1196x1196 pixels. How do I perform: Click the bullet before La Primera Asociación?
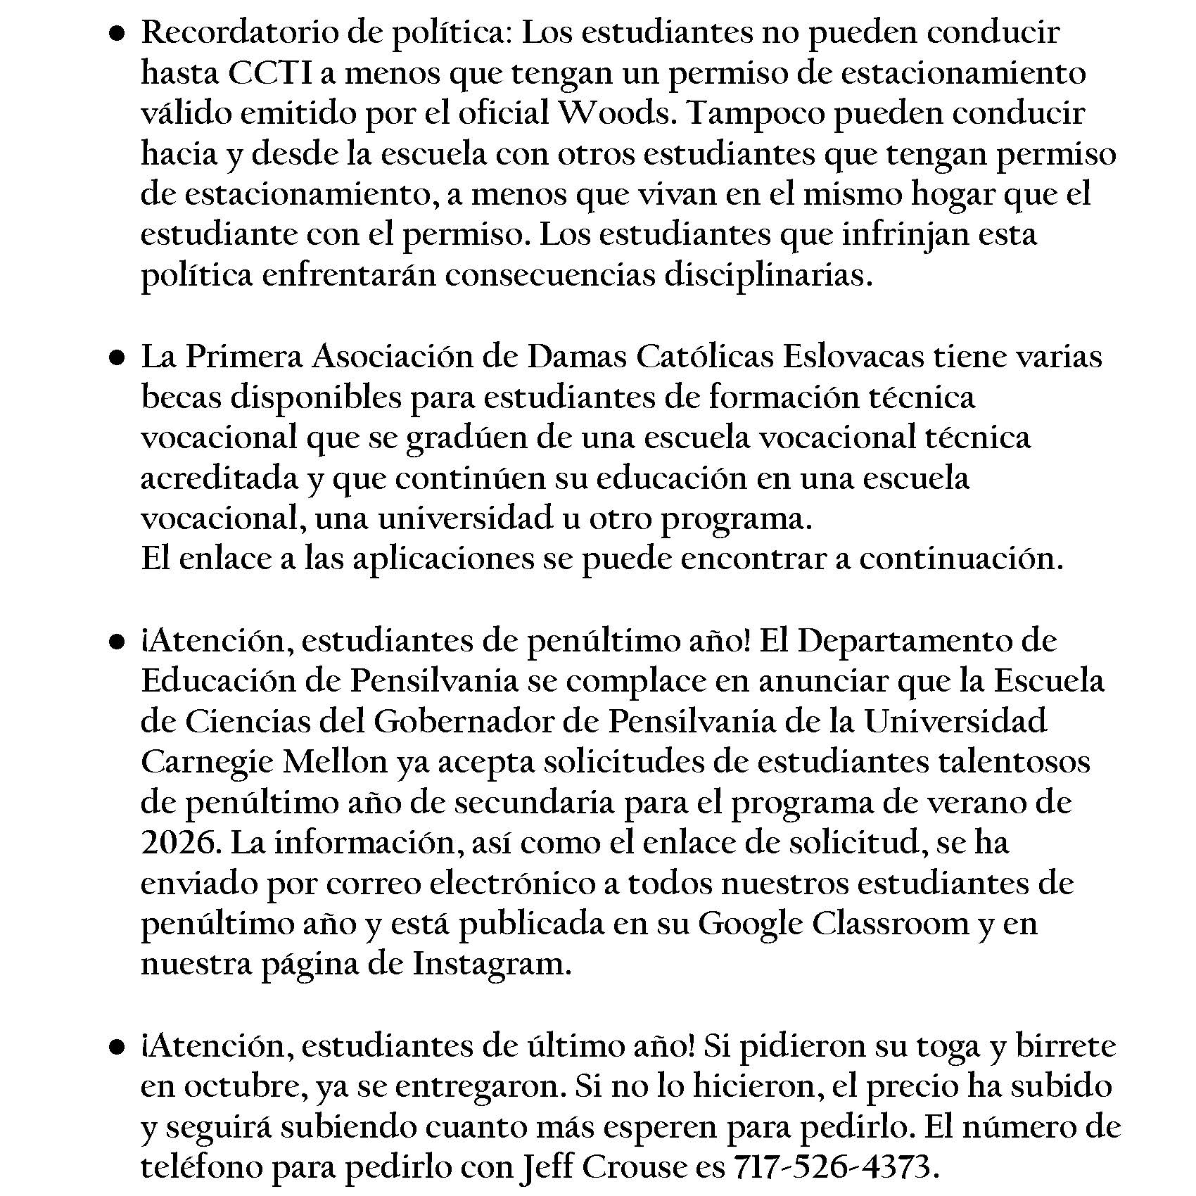[117, 358]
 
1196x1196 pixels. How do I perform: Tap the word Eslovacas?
[853, 357]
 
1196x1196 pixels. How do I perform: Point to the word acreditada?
[220, 478]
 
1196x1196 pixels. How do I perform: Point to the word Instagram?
[491, 964]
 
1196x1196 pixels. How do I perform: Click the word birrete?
[1066, 1046]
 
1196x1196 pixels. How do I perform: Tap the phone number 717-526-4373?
[836, 1168]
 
